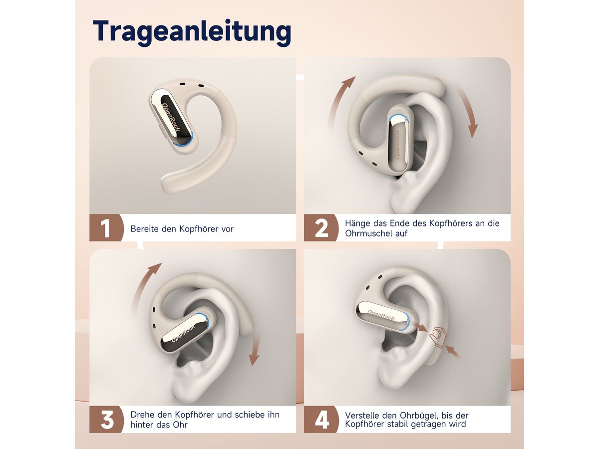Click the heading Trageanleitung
[x=192, y=32]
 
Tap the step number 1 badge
[x=106, y=227]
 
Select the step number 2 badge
[x=321, y=227]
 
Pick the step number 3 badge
[x=106, y=419]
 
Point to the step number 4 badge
[x=321, y=419]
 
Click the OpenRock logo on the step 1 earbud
[x=171, y=117]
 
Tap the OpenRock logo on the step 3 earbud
[x=183, y=333]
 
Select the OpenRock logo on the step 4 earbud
[x=381, y=315]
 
